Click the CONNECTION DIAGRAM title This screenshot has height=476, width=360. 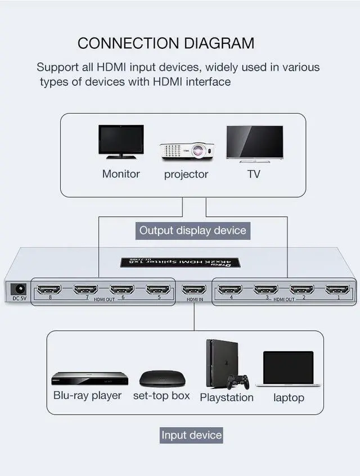click(x=166, y=43)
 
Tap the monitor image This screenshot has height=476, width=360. click(x=120, y=142)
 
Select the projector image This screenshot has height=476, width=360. click(x=184, y=150)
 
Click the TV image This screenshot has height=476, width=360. click(x=254, y=143)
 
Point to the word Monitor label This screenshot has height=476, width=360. click(x=121, y=174)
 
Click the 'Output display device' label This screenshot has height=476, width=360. click(x=192, y=230)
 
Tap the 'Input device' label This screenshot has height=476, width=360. click(x=191, y=435)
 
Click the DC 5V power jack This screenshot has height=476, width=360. click(x=18, y=289)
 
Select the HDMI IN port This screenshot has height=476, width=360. click(x=194, y=290)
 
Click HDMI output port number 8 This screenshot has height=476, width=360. click(x=49, y=290)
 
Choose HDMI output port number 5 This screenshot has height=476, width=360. click(x=158, y=290)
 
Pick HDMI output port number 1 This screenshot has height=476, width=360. click(x=337, y=290)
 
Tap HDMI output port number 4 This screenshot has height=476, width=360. click(x=230, y=290)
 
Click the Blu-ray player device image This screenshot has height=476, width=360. click(x=89, y=378)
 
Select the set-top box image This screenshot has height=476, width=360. click(x=161, y=378)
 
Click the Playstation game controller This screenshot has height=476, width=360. click(x=238, y=382)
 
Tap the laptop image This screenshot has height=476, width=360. click(x=288, y=369)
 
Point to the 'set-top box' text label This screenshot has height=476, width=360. click(x=161, y=396)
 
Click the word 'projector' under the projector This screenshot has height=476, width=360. click(x=186, y=174)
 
